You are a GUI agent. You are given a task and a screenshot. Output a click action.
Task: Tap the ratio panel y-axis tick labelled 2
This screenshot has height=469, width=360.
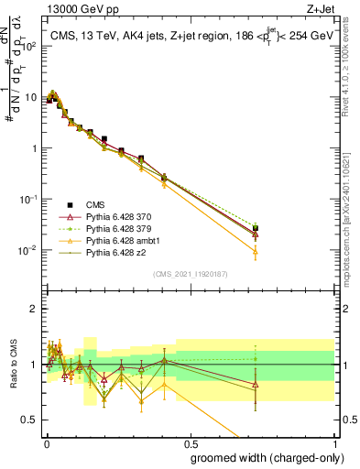(36, 309)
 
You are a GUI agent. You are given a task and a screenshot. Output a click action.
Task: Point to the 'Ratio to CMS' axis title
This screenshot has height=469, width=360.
(12, 365)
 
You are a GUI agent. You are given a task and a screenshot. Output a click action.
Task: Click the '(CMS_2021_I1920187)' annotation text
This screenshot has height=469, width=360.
(190, 274)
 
